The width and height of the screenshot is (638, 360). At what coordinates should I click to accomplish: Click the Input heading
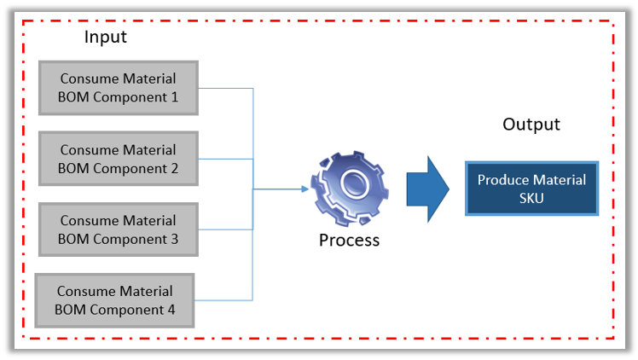(x=105, y=38)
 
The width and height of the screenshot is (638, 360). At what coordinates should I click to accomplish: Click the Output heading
(x=531, y=125)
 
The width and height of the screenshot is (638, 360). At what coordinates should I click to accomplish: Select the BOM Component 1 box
(x=118, y=88)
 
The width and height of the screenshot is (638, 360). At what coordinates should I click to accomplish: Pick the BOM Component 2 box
(x=118, y=159)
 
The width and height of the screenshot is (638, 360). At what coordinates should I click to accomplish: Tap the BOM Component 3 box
(x=118, y=229)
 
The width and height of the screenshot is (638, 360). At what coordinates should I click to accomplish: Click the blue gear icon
(x=349, y=189)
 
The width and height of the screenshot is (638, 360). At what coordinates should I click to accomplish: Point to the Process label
(x=349, y=241)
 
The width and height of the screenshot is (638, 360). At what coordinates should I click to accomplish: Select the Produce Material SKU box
(x=531, y=189)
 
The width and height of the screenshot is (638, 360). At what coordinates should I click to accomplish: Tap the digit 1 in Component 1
(x=174, y=97)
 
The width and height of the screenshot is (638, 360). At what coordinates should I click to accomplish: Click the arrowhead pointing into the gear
(x=304, y=189)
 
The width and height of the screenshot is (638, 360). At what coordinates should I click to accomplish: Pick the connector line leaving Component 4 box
(x=223, y=299)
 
